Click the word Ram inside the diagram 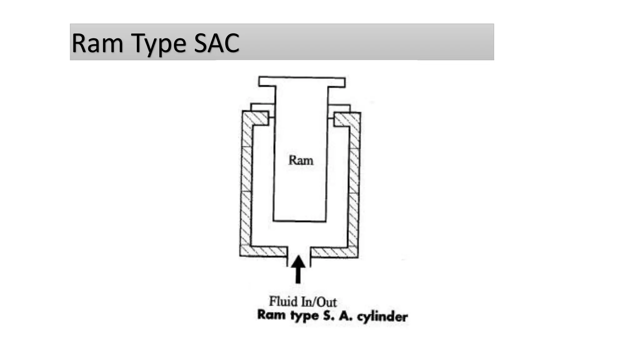pos(301,160)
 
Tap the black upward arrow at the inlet pos(298,269)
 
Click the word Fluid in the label pos(283,301)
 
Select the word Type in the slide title pos(158,44)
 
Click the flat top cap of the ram pos(302,82)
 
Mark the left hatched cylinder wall pos(246,184)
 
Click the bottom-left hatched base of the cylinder pos(263,251)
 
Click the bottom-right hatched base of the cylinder pos(334,252)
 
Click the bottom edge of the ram pos(299,221)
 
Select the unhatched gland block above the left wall pos(263,107)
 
